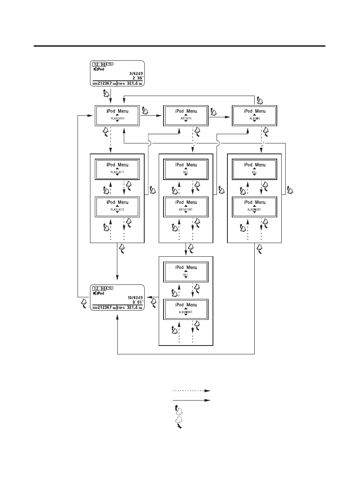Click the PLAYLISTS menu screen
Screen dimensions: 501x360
coord(117,116)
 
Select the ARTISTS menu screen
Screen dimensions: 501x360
coord(185,116)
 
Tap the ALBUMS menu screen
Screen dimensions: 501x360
coord(254,116)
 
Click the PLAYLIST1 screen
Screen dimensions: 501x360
coord(117,169)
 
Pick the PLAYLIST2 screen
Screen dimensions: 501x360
coord(117,207)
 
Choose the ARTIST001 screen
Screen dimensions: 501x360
coord(185,207)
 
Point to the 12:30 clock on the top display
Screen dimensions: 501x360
coord(99,64)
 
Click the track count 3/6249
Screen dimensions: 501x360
coord(134,74)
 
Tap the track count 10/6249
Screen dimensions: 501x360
coord(133,298)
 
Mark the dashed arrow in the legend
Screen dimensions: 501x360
coord(191,390)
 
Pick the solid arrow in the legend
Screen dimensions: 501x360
coord(191,401)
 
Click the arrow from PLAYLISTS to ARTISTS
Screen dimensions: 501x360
coord(151,119)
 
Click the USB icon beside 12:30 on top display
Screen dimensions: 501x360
coord(110,64)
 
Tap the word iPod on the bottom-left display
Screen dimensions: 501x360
coord(100,293)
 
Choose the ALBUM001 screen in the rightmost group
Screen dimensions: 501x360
coord(254,207)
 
